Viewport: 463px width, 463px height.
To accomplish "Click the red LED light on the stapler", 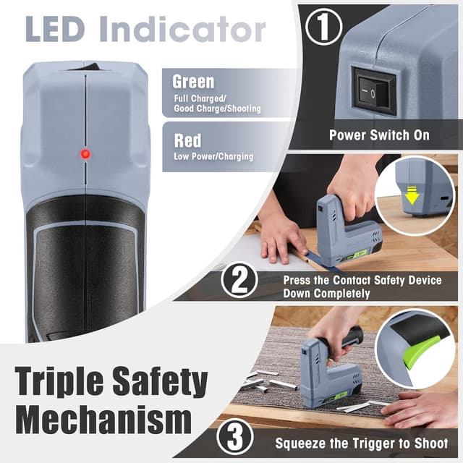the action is [85, 154].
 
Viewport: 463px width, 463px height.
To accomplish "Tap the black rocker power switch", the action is [373, 90].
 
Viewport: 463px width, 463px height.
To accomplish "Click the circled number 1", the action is [323, 27].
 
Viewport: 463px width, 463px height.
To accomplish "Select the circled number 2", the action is [239, 280].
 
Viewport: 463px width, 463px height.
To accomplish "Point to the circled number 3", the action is [234, 437].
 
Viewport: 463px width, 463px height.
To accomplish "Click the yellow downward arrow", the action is [412, 195].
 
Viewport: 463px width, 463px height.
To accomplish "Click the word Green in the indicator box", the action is [193, 82].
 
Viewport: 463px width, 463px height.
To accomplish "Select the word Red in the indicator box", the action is [187, 140].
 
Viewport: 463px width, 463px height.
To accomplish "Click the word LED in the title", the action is [55, 30].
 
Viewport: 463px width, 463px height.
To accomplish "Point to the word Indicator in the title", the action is [182, 29].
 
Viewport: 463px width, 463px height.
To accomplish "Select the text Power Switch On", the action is [379, 135].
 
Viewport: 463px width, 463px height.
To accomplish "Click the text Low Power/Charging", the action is [213, 156].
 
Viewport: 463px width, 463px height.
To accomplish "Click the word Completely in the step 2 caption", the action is [341, 294].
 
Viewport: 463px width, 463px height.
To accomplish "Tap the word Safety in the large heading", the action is [161, 383].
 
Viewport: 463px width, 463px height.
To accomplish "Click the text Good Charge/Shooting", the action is [217, 109].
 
